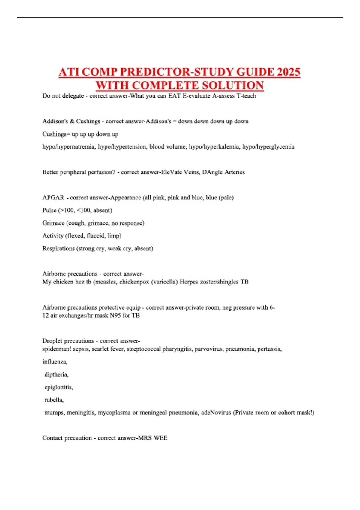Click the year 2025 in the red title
pos(289,72)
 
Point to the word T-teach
pos(246,96)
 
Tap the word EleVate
pos(172,172)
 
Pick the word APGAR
pos(53,198)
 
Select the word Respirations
pos(58,249)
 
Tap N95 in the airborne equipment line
pos(115,316)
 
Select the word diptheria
pos(56,375)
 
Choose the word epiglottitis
pos(58,387)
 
